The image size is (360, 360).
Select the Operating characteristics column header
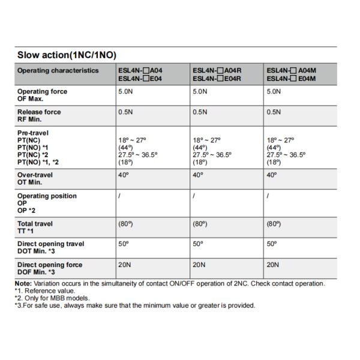[x=58, y=70]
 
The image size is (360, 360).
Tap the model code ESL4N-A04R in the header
[x=217, y=70]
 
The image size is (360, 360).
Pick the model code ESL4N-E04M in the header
[x=291, y=78]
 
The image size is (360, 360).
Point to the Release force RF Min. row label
[x=39, y=115]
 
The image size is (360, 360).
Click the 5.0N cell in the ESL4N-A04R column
[x=200, y=92]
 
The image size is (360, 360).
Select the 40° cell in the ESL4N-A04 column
[x=124, y=175]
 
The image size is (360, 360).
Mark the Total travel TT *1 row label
[x=35, y=227]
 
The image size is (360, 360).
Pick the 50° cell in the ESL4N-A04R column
[x=198, y=244]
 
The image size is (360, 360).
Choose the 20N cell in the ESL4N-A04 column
[x=125, y=265]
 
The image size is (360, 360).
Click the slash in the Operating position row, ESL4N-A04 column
[x=119, y=196]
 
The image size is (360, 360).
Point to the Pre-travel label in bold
[x=33, y=133]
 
